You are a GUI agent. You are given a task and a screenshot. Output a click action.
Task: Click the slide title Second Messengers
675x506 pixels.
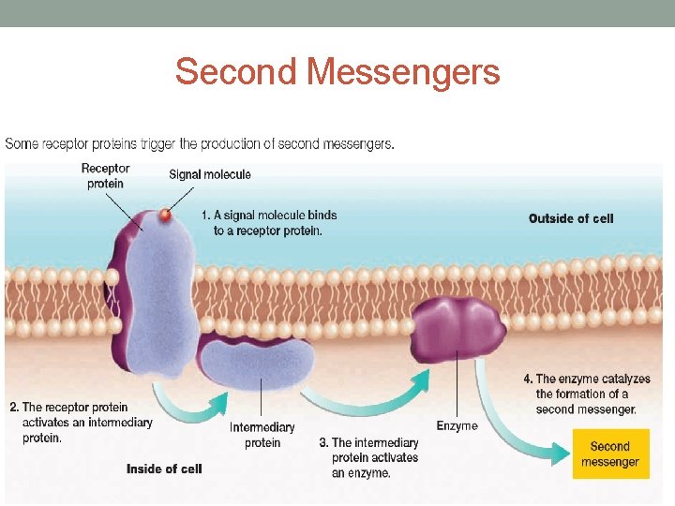tap(337, 72)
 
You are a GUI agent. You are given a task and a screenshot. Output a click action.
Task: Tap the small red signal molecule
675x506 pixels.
tap(165, 215)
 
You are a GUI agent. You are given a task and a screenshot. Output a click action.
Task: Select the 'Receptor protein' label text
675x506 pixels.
tap(105, 176)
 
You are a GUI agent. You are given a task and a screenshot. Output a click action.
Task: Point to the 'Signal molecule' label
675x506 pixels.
tap(210, 174)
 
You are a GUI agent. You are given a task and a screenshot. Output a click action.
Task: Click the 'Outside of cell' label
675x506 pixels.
tap(571, 218)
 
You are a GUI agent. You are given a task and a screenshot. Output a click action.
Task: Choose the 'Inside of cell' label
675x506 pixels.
tap(164, 469)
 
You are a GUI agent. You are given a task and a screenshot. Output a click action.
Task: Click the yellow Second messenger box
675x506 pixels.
tap(610, 454)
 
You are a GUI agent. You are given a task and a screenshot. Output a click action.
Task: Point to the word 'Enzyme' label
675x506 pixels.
tap(457, 426)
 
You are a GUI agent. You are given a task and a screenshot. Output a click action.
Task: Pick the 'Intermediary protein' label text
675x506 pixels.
tap(262, 435)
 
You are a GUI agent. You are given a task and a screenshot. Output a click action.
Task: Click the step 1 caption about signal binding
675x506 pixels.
tap(269, 223)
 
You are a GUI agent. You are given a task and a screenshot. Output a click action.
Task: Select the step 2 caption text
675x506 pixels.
tap(81, 423)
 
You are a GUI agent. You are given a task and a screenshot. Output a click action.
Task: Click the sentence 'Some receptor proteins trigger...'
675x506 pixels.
tap(200, 144)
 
